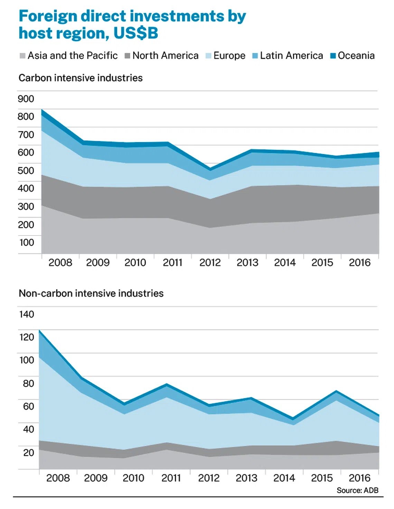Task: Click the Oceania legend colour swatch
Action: coord(333,56)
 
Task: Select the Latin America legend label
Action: coord(291,56)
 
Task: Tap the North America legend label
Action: coord(166,56)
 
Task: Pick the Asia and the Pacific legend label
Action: coord(73,56)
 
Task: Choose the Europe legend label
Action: coord(229,56)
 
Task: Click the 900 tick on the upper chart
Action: coord(26,99)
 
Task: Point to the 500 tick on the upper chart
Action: coord(26,170)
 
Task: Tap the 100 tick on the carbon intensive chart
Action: coord(27,242)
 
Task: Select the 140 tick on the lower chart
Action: coord(27,314)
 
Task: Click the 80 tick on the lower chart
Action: coord(28,383)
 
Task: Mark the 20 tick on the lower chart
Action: coord(28,452)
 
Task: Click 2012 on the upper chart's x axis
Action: coord(210,263)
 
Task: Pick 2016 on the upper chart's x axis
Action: coord(359,263)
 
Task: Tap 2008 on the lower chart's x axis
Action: coord(58,478)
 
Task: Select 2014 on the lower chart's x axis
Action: coord(284,478)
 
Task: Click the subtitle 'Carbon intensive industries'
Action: coord(81,78)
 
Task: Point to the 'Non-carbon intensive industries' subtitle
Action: coord(91,294)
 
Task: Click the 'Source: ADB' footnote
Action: coord(357,490)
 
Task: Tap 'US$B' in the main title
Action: coord(136,33)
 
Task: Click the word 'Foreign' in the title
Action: coord(48,16)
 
